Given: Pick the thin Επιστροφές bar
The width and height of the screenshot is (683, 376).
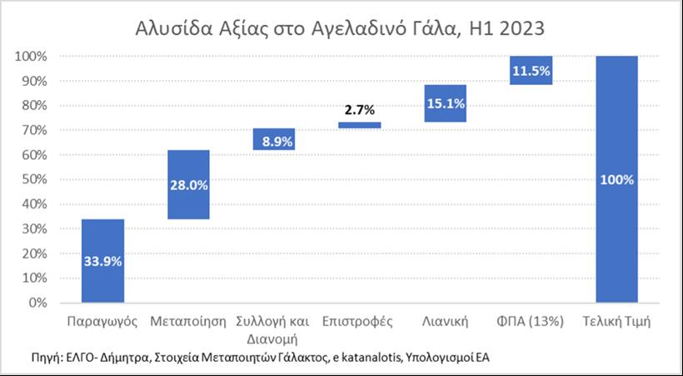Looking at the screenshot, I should coord(360,125).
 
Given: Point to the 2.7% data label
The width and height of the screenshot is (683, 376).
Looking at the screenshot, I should coord(360,109).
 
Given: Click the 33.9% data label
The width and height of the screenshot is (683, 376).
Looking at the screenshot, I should coord(102,261).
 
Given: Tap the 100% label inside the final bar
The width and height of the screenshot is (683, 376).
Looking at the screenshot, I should coord(617,180).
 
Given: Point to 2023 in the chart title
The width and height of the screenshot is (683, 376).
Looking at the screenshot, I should coord(522,30).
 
